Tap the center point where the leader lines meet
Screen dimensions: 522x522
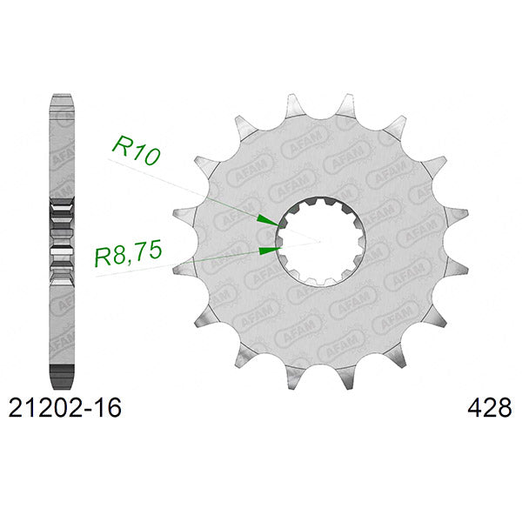(x=320, y=241)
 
